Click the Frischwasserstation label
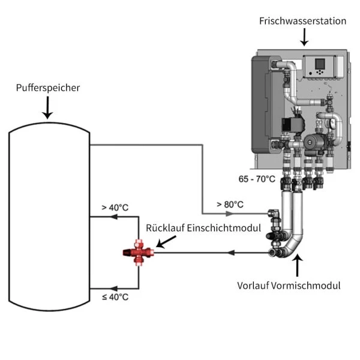click(x=302, y=21)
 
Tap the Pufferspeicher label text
click(x=48, y=88)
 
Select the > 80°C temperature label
click(x=230, y=205)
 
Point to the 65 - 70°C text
click(x=256, y=179)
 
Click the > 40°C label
click(x=115, y=208)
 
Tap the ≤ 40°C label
click(x=115, y=297)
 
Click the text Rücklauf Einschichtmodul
click(x=203, y=228)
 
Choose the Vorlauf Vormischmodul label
click(x=289, y=286)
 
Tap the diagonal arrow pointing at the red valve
click(x=166, y=241)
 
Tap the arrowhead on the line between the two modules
click(x=230, y=253)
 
